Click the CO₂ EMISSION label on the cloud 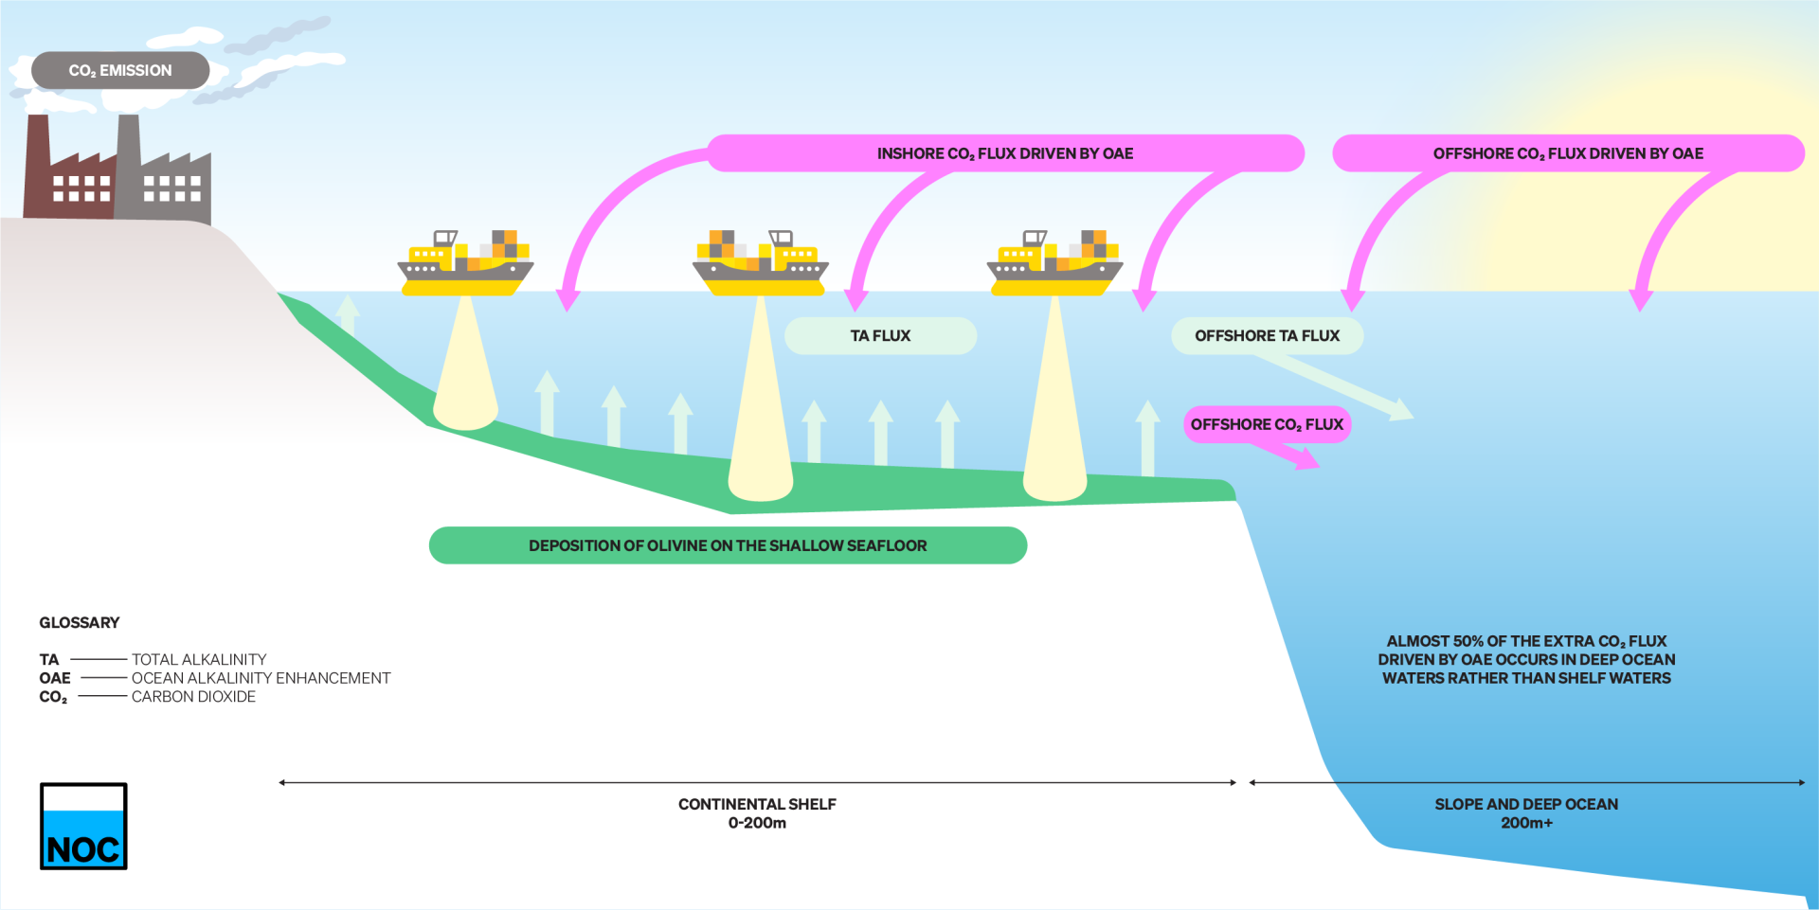120,71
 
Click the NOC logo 83,826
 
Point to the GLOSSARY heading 80,622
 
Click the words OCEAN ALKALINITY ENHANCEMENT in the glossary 261,678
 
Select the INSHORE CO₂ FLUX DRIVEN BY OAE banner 1004,153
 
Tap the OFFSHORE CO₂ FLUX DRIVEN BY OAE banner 1568,153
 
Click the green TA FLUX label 880,336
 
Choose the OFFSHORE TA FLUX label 1267,336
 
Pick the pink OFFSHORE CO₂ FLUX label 1267,424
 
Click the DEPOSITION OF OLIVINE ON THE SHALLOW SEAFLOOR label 728,545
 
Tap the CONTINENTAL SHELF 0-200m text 757,813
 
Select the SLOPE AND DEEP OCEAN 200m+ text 1526,813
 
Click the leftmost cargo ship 466,264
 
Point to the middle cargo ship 761,264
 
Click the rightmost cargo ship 1055,264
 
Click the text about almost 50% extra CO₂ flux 1526,660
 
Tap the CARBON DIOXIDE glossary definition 193,697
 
